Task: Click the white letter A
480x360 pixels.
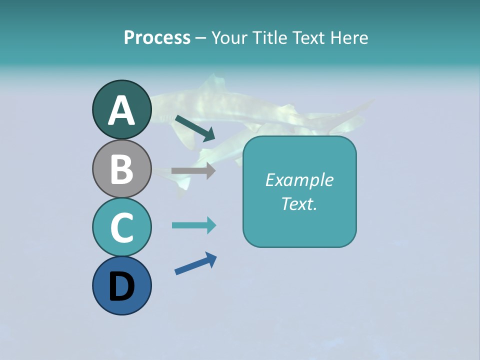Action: (121, 110)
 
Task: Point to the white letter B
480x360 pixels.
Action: (121, 169)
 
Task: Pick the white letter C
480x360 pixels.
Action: (121, 228)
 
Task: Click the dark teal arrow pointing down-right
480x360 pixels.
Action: (195, 127)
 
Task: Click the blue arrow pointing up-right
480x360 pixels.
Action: (195, 263)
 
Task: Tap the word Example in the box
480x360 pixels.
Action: (299, 179)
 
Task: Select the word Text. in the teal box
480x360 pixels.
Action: (299, 203)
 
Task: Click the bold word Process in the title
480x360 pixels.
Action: (157, 37)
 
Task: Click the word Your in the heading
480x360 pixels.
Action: (230, 37)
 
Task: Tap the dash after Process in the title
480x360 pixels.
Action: (200, 38)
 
